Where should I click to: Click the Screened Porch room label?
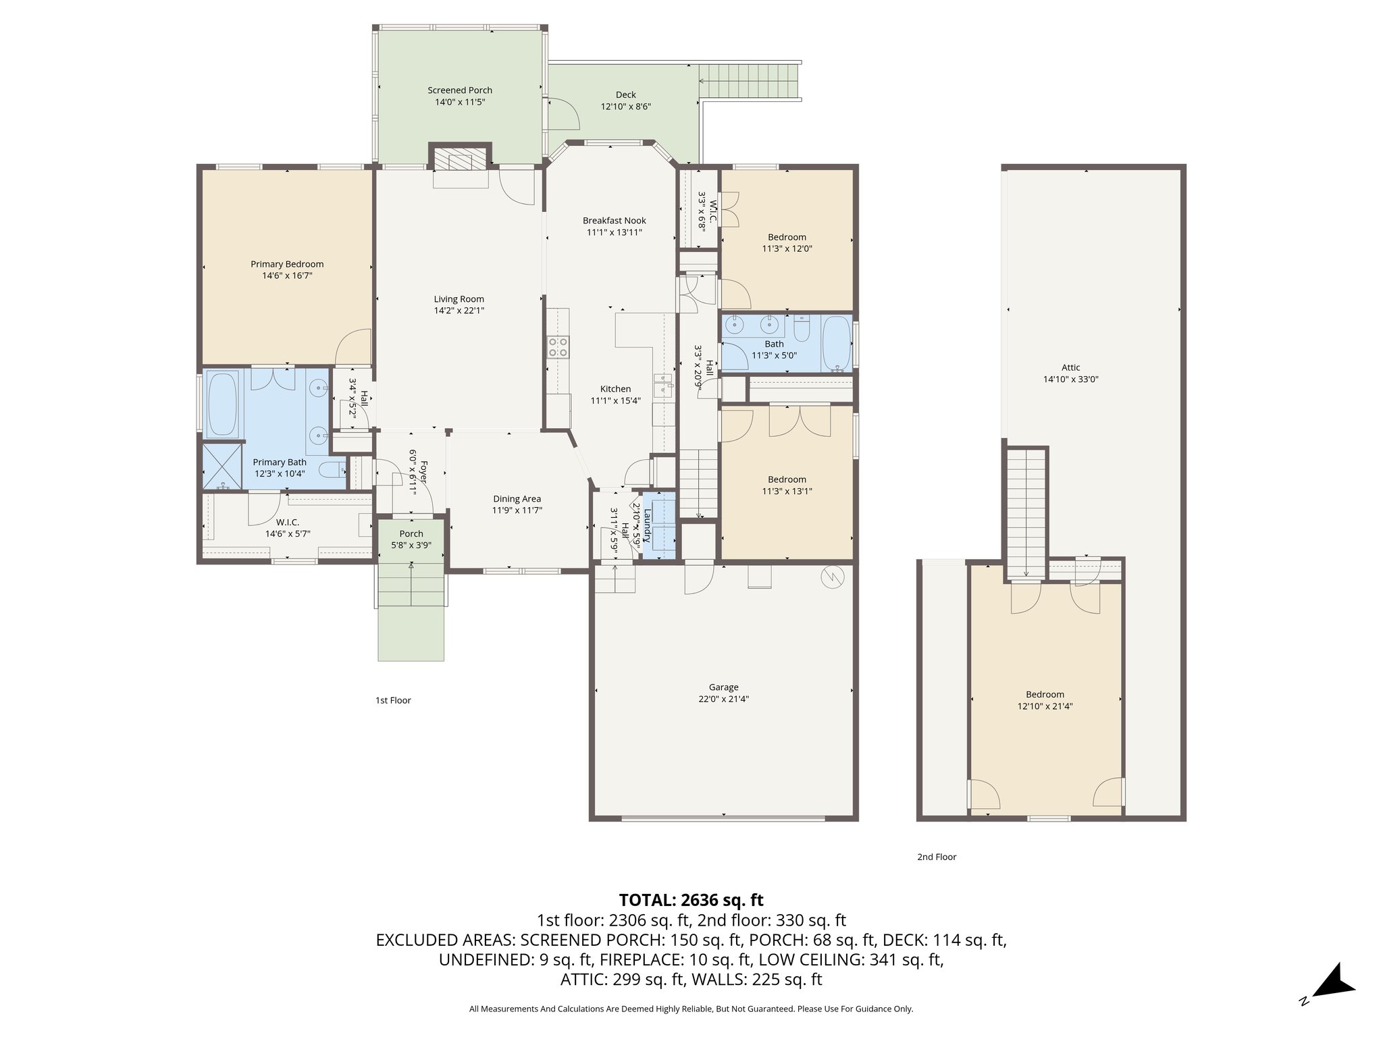459,90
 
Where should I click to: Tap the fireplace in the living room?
460,161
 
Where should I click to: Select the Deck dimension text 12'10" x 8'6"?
625,107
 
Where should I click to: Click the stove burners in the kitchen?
558,347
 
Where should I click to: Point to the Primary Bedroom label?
287,264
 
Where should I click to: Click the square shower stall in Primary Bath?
222,466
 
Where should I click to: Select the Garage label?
723,687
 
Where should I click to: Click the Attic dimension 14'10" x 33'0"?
1070,379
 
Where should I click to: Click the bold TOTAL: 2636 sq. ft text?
691,900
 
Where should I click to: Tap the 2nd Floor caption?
937,857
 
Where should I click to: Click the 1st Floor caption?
393,700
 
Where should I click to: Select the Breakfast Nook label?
614,221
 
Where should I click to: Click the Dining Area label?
517,499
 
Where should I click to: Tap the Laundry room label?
647,525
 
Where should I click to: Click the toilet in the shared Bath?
802,330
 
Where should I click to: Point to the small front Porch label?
411,534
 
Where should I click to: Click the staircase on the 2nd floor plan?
1026,513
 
